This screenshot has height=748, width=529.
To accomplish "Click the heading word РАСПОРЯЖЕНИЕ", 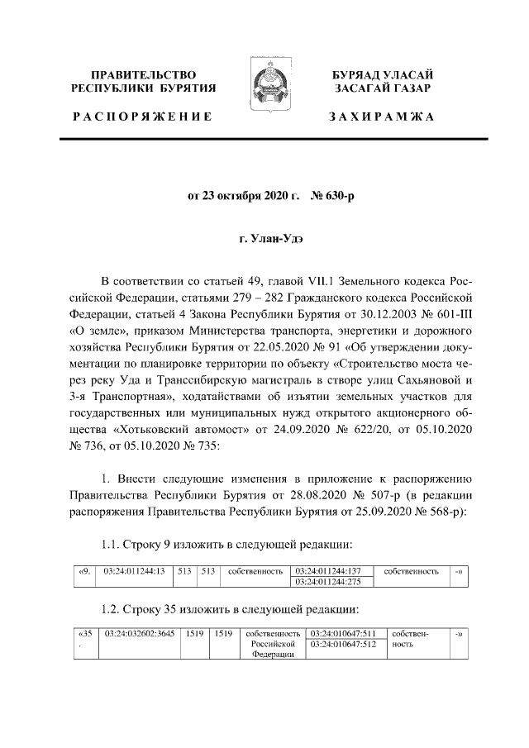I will click(142, 117).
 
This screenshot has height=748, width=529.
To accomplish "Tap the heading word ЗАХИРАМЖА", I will click(381, 117).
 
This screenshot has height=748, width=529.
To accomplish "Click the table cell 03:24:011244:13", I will click(135, 571).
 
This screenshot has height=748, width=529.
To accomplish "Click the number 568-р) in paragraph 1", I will click(446, 511).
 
